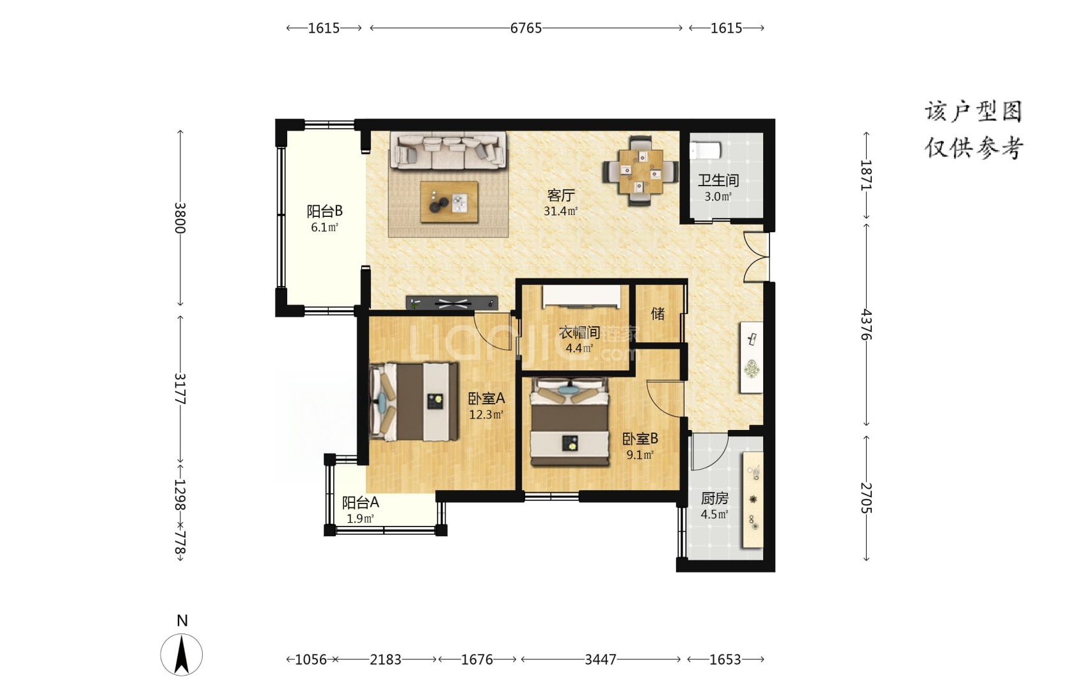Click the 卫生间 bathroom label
718,180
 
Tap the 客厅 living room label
560,196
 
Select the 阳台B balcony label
324,211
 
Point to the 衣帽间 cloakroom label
579,333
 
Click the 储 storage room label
658,314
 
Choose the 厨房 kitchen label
715,498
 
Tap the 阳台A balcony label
360,502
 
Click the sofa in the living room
450,151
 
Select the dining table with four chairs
640,171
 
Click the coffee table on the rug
449,202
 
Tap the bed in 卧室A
414,402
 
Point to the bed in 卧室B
569,422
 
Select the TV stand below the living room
452,303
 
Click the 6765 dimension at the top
526,28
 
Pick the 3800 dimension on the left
180,218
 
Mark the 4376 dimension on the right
866,324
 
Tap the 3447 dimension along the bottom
601,660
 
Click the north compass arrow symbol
182,655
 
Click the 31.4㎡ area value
560,211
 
